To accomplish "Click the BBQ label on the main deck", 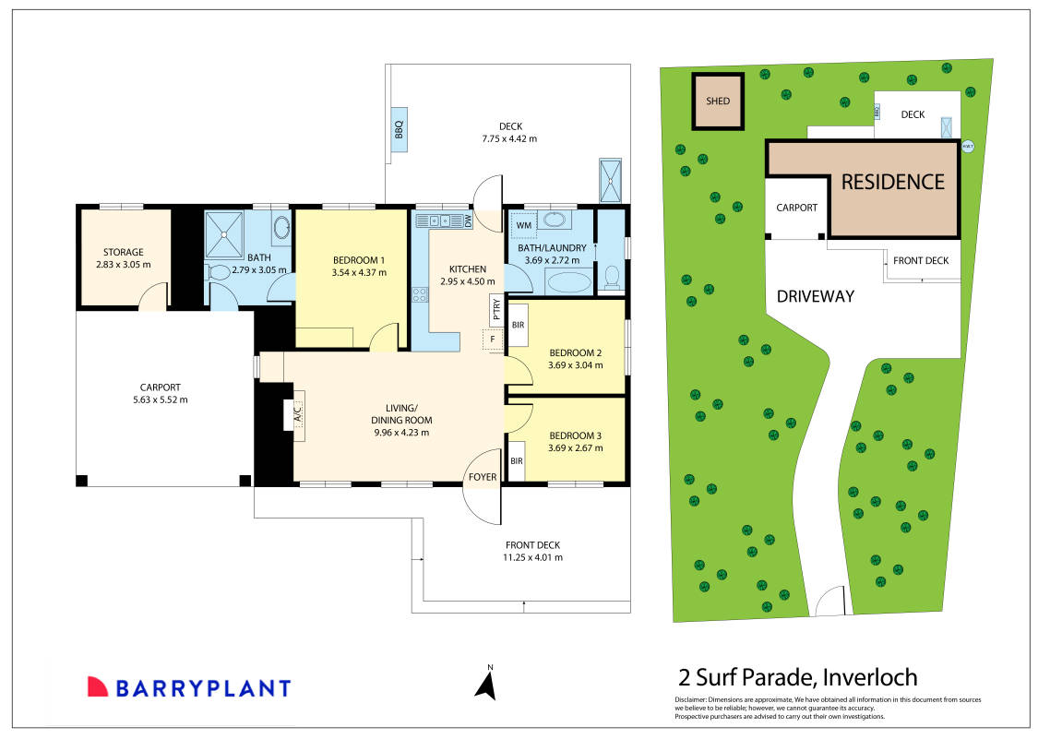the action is (399, 129).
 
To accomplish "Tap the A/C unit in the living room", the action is (297, 411).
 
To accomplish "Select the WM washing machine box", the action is (523, 225).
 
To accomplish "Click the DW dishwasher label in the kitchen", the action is (467, 221).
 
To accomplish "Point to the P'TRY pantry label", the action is (496, 309).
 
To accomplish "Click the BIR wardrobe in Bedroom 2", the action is (519, 325).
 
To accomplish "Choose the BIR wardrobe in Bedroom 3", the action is (517, 461).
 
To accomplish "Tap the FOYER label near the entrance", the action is (483, 477).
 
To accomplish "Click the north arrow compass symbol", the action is (486, 683).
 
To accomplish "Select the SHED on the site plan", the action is (718, 101).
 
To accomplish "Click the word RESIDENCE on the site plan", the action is (892, 182).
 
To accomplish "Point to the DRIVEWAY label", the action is (816, 296).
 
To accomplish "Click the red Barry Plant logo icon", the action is (98, 686).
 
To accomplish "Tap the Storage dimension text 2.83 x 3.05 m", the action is (124, 264).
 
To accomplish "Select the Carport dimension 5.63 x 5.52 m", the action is (161, 399).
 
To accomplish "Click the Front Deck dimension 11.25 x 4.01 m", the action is (532, 557).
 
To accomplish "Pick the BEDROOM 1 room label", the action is (359, 260).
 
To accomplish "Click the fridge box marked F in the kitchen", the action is (493, 340).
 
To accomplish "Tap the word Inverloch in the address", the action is (870, 677).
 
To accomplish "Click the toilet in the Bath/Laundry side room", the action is (612, 277).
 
